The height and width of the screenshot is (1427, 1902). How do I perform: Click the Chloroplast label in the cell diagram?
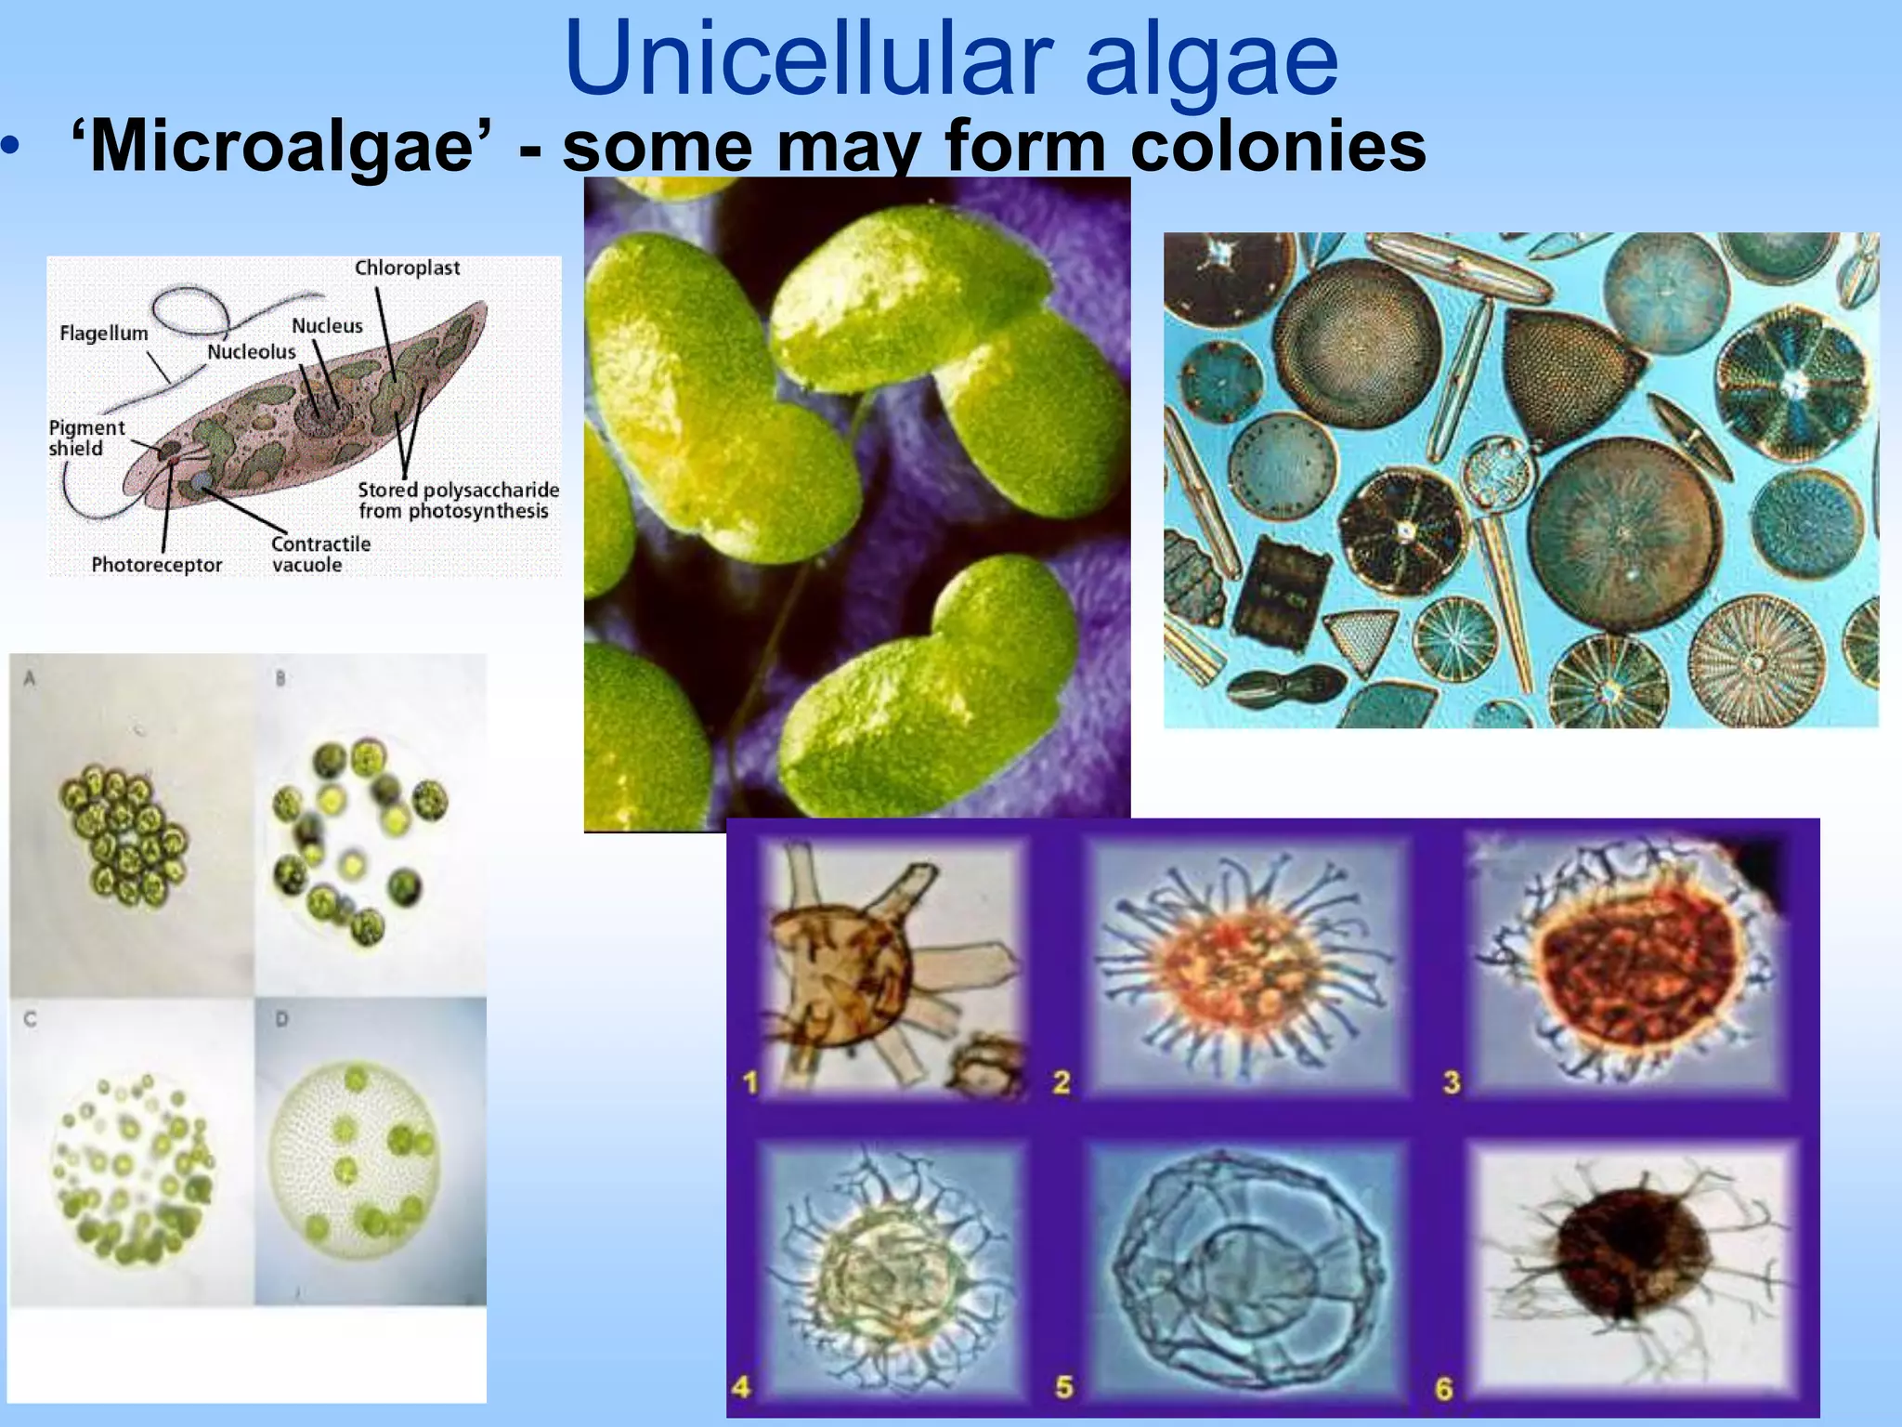point(407,268)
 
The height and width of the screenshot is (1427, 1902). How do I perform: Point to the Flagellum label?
point(103,333)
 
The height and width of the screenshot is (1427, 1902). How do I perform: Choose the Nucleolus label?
point(251,351)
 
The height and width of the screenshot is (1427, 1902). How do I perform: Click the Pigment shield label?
point(85,438)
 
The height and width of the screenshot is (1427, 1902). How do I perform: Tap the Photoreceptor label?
point(156,565)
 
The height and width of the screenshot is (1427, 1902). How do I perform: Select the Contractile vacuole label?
point(319,554)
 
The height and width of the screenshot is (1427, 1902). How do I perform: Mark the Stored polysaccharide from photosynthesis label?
point(458,500)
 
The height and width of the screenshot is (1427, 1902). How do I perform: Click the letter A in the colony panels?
point(29,678)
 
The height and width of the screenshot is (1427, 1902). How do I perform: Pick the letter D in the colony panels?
point(281,1019)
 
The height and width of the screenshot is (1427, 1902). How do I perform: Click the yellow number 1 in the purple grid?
point(751,1081)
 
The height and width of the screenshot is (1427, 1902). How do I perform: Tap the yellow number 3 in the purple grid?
point(1452,1081)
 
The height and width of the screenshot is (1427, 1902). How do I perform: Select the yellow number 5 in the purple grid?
point(1064,1387)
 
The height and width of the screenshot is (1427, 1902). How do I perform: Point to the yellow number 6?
point(1443,1389)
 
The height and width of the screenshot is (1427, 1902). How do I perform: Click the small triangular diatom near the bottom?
point(1361,640)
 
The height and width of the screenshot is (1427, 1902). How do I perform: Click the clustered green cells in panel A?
point(123,836)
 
